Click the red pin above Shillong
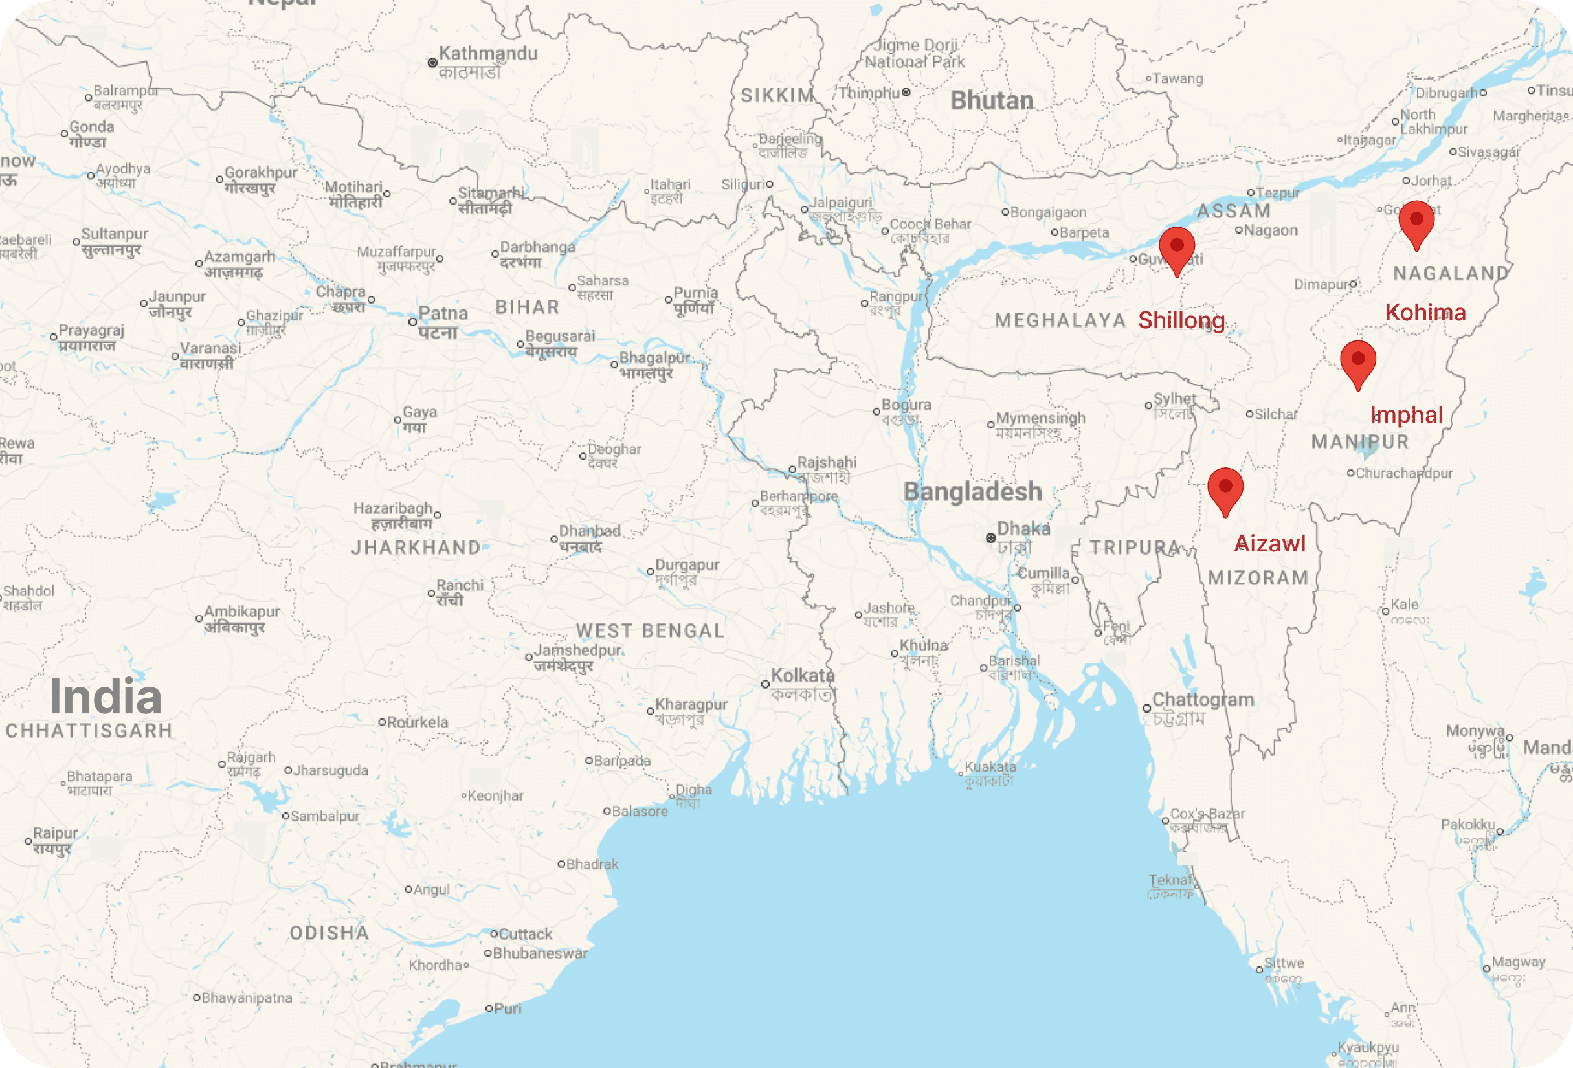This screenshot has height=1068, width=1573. [x=1176, y=248]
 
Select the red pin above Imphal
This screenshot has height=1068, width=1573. [x=1357, y=361]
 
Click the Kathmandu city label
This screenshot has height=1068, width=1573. [x=487, y=54]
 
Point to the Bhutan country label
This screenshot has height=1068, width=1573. [x=992, y=101]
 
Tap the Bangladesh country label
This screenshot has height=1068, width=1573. [x=973, y=492]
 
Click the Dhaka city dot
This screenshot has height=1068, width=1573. [x=991, y=538]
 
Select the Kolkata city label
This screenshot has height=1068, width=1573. [x=803, y=676]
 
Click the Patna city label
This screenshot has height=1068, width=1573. [x=443, y=314]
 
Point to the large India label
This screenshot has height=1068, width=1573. [x=106, y=696]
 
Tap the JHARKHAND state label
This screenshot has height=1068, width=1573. [x=416, y=548]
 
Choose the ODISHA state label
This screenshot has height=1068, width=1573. [x=329, y=933]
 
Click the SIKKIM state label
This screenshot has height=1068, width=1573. [x=777, y=95]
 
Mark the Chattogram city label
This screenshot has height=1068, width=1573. [x=1203, y=700]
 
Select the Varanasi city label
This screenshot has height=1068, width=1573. [x=210, y=348]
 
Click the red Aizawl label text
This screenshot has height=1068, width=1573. [x=1270, y=544]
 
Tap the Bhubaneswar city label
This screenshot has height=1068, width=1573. [x=540, y=953]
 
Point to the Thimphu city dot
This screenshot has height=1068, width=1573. [x=906, y=93]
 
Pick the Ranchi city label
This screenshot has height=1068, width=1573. [x=460, y=585]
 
